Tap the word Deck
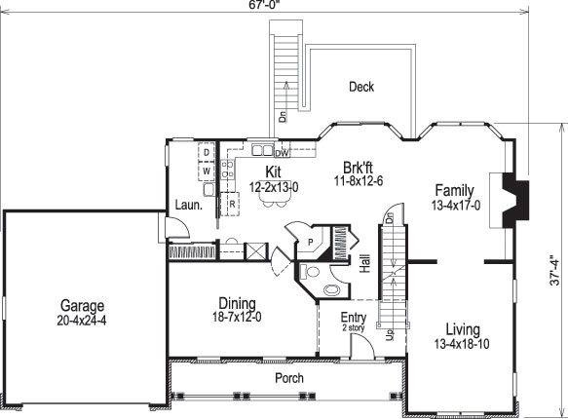pyautogui.click(x=361, y=87)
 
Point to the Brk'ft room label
pyautogui.click(x=359, y=166)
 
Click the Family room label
pyautogui.click(x=455, y=190)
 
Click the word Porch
pyautogui.click(x=288, y=378)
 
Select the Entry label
pyautogui.click(x=352, y=318)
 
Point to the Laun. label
pyautogui.click(x=188, y=204)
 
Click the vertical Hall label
pyautogui.click(x=364, y=264)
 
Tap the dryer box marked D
pyautogui.click(x=207, y=153)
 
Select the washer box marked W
pyautogui.click(x=207, y=171)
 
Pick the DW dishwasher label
pyautogui.click(x=281, y=153)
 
